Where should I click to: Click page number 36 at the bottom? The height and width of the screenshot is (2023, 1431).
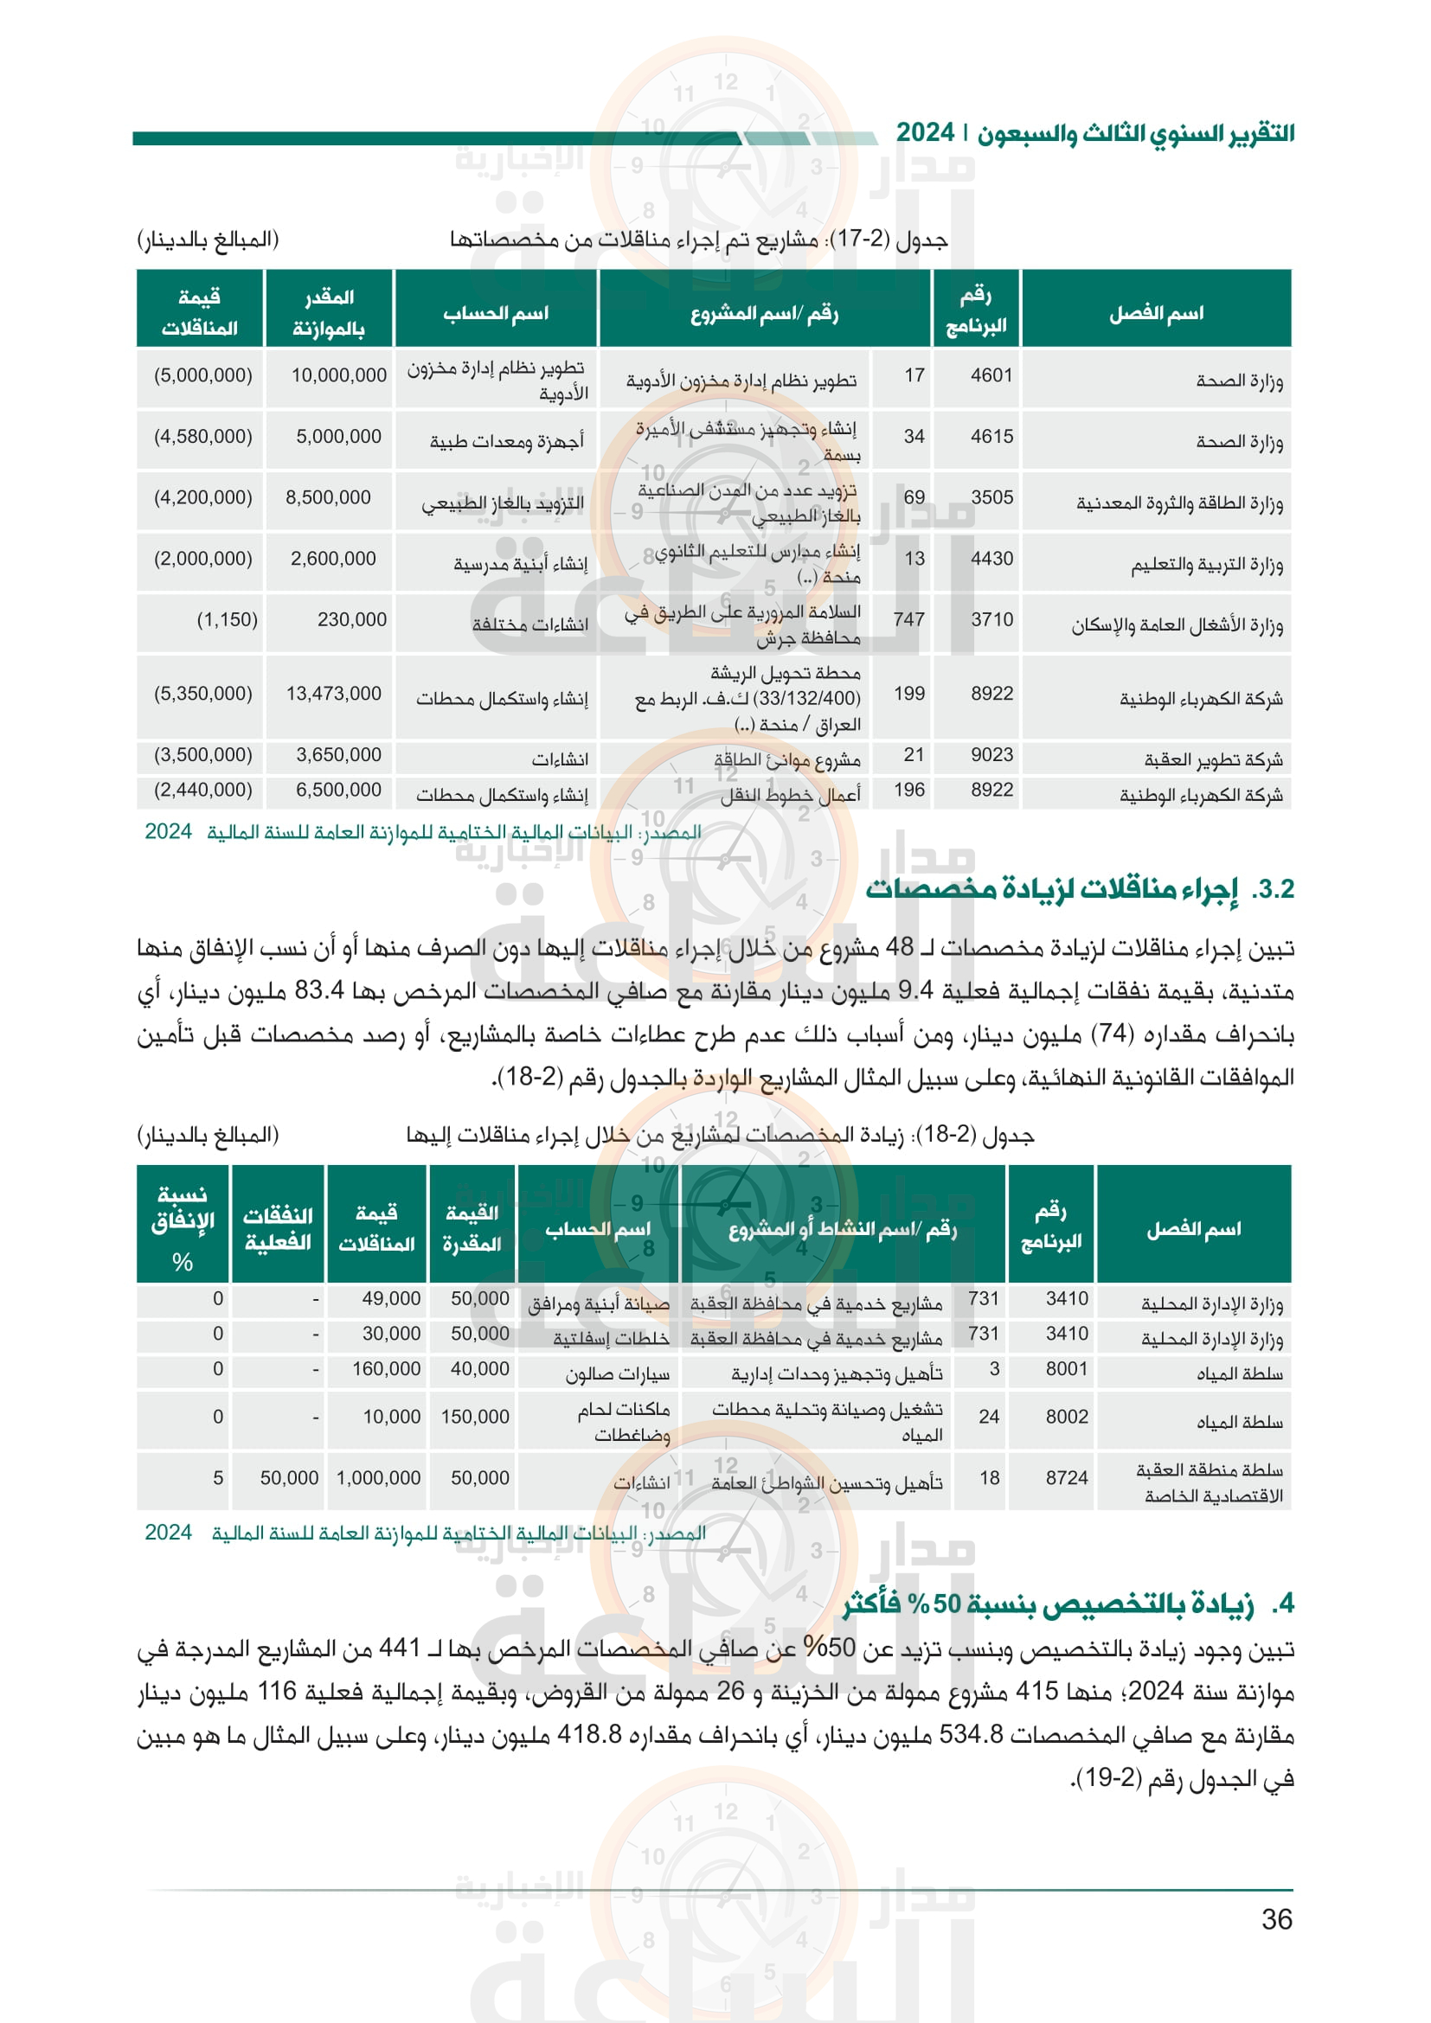[x=1276, y=1918]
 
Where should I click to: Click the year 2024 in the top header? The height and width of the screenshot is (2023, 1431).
[x=925, y=133]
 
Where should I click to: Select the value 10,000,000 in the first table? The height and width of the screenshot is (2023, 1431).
[x=338, y=375]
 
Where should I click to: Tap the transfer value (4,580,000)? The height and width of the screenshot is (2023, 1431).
[x=202, y=436]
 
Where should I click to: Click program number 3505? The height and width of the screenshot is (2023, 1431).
[x=991, y=498]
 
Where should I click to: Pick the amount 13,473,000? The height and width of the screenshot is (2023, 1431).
[x=333, y=694]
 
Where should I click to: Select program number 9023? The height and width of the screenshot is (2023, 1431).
[x=991, y=755]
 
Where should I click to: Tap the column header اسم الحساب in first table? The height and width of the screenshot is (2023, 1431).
[x=495, y=314]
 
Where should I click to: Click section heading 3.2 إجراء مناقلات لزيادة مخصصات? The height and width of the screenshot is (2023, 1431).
[x=1079, y=889]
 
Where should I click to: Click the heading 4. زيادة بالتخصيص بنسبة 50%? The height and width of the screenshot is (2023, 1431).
[x=1067, y=1604]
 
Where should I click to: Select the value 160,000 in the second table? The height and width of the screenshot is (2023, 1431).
[x=386, y=1368]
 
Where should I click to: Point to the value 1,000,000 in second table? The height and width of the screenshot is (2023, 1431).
[x=378, y=1477]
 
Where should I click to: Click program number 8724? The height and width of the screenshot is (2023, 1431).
[x=1066, y=1477]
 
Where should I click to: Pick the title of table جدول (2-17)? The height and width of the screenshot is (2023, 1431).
[x=698, y=240]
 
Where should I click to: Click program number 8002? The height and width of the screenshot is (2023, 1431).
[x=1066, y=1417]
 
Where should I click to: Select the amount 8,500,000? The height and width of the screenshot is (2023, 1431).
[x=328, y=498]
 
